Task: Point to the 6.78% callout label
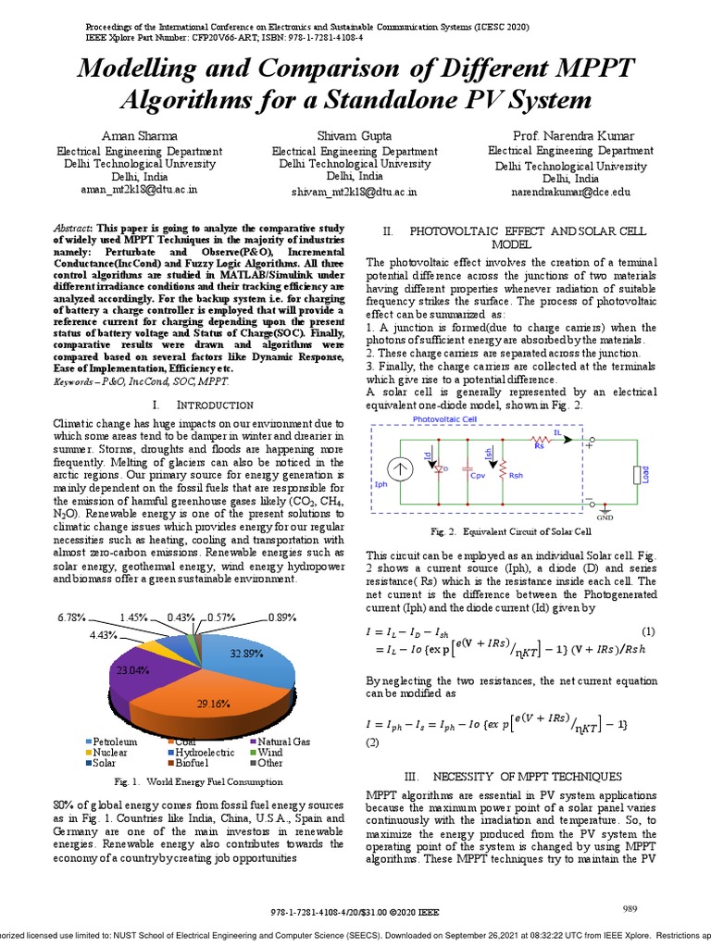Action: coord(71,617)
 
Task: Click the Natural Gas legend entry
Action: coord(283,742)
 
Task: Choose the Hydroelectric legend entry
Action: coord(203,753)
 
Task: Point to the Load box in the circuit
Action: coord(635,474)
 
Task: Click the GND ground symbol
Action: coord(605,511)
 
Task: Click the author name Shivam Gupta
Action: coord(355,135)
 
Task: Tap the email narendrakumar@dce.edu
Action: coord(571,192)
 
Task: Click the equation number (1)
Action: coord(648,631)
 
